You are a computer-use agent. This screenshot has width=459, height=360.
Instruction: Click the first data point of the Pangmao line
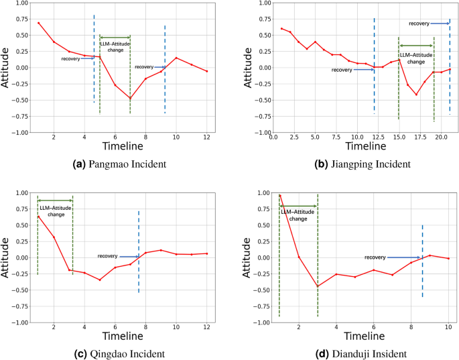[x=38, y=23]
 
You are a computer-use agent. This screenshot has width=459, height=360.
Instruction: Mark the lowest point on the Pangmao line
[x=130, y=99]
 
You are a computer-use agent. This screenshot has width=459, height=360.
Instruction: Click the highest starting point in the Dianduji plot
[x=280, y=196]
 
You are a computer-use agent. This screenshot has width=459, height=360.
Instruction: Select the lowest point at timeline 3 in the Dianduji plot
[x=318, y=287]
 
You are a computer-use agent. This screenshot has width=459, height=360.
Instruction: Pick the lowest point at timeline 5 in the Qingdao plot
[x=100, y=280]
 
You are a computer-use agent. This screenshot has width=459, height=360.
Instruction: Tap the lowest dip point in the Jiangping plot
[x=416, y=95]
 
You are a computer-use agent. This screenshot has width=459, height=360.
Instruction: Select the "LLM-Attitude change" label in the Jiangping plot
[x=416, y=58]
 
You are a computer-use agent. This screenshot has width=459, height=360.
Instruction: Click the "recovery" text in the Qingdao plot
[x=107, y=255]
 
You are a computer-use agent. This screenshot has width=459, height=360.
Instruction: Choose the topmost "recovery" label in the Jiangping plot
[x=419, y=23]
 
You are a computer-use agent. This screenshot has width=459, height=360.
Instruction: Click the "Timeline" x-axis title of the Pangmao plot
[x=123, y=146]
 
